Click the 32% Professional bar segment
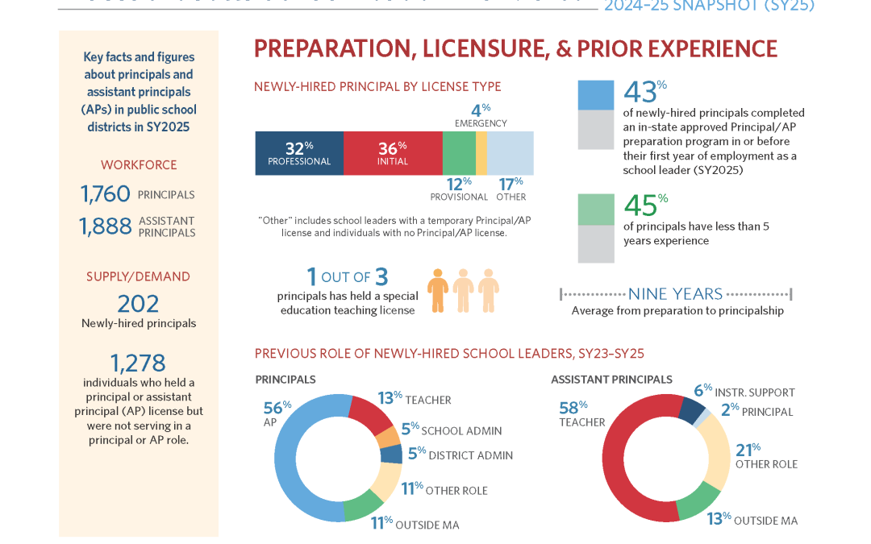[x=299, y=153]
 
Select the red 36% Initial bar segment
[x=393, y=153]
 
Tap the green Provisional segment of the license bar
[x=459, y=153]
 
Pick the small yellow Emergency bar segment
[x=481, y=153]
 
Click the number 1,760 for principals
[x=106, y=194]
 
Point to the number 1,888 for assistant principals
[x=106, y=226]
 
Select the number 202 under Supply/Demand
[x=138, y=304]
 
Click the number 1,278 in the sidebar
[x=138, y=363]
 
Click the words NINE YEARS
[x=675, y=294]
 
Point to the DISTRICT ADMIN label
[x=470, y=455]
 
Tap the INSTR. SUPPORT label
[x=756, y=392]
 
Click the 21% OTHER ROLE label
[x=765, y=456]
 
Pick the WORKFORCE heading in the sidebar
[x=138, y=165]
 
